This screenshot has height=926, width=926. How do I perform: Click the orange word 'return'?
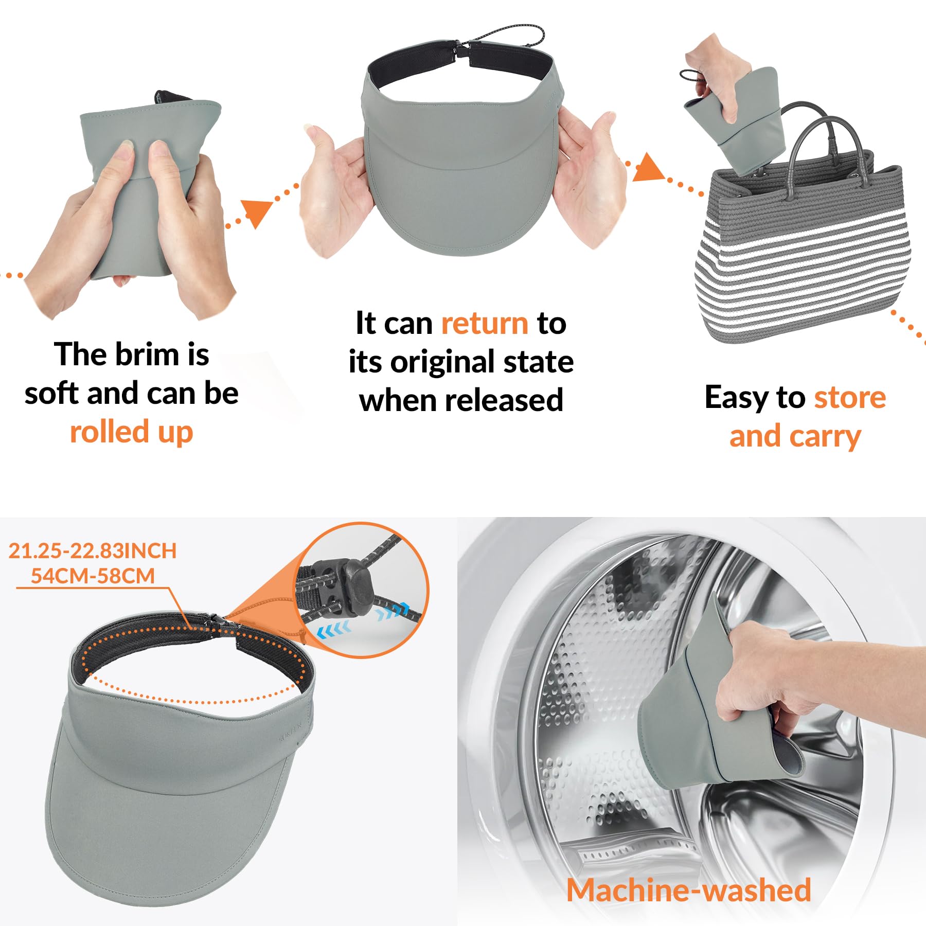[x=485, y=324]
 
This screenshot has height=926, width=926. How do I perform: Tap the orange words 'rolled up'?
[x=132, y=432]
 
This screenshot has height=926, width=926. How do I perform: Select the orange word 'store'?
[x=850, y=398]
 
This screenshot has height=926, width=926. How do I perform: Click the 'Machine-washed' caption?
[x=689, y=890]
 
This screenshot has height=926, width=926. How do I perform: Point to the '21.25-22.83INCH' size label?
[x=93, y=551]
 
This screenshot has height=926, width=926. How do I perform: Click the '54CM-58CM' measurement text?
[x=93, y=576]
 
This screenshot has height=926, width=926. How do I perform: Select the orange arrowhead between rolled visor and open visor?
[x=257, y=213]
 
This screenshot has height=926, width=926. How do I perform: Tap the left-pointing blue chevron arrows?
[x=333, y=629]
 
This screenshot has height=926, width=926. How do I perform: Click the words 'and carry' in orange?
[x=795, y=437]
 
